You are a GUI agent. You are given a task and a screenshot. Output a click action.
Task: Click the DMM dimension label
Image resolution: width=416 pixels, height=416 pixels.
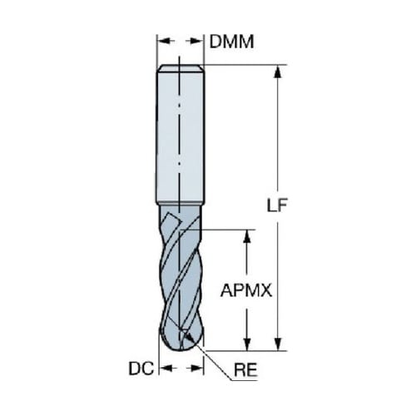coord(231,42)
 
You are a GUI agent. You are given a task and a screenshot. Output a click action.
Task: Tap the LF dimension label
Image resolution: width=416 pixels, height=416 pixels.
coord(277,206)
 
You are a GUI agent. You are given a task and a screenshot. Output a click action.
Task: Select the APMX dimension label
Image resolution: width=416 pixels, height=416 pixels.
coord(246,290)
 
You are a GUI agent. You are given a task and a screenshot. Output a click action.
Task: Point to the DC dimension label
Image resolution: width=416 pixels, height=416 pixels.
coord(141,369)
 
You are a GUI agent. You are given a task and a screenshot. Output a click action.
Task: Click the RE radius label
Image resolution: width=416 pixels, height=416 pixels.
coord(245,370)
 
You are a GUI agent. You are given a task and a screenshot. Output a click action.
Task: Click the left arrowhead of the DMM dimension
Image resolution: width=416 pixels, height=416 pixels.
coord(163,41)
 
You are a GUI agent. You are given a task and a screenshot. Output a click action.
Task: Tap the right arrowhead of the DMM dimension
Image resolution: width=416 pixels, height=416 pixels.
coord(197,41)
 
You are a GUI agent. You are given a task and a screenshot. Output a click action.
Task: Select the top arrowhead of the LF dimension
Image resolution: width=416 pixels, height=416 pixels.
coord(278,72)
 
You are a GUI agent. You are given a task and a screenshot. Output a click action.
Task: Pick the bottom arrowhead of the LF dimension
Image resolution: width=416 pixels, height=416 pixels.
coord(278,344)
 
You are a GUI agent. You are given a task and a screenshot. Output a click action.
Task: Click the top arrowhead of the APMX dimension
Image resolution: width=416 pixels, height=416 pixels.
coord(247,236)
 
